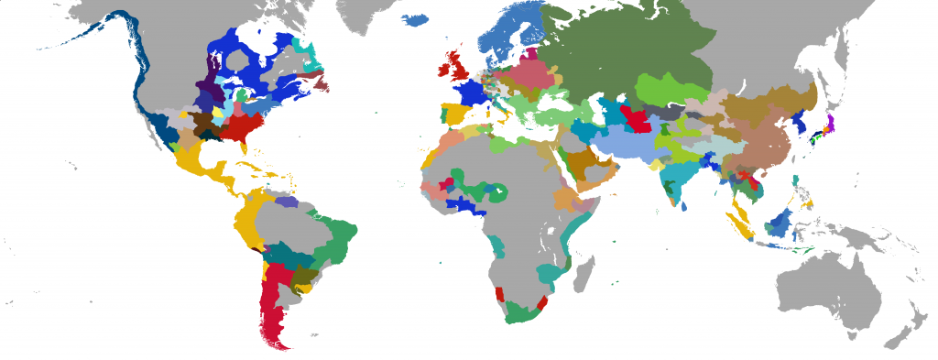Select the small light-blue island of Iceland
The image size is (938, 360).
click(x=416, y=19)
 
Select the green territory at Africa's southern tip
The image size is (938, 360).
click(x=518, y=311)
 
